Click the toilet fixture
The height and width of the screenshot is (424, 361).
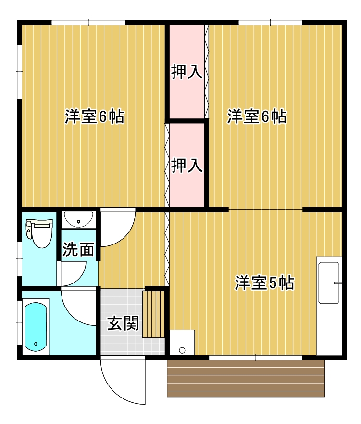click(40, 233)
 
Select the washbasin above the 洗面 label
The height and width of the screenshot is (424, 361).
click(78, 220)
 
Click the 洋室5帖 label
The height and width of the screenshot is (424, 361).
click(264, 283)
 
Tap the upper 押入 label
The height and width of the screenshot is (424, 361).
click(187, 73)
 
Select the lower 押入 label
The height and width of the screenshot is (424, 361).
click(187, 166)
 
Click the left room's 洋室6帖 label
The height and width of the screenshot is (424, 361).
click(95, 116)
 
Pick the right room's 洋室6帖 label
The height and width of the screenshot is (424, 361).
click(257, 116)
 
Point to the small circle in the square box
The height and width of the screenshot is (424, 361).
click(182, 350)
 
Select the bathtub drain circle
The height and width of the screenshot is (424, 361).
click(36, 344)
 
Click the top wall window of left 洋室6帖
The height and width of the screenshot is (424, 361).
click(88, 22)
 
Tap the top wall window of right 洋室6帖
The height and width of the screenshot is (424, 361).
click(270, 22)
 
